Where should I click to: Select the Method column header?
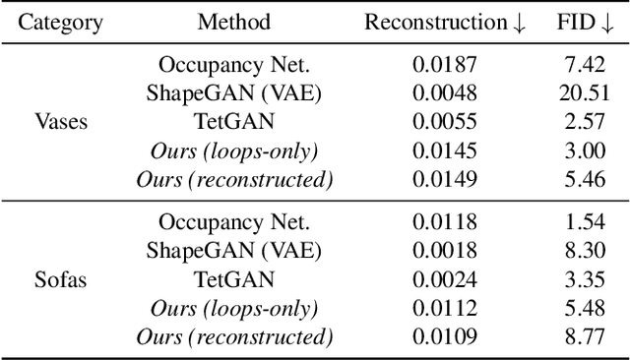pyautogui.click(x=233, y=23)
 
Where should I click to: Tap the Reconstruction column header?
pyautogui.click(x=435, y=23)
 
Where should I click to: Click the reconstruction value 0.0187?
pyautogui.click(x=444, y=65)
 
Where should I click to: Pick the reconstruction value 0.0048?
pyautogui.click(x=444, y=93)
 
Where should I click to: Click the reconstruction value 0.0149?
pyautogui.click(x=444, y=179)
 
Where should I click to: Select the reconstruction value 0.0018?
pyautogui.click(x=444, y=251)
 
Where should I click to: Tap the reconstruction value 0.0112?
pyautogui.click(x=444, y=308)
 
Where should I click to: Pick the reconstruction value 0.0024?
pyautogui.click(x=444, y=279)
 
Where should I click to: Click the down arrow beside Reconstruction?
pyautogui.click(x=519, y=24)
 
